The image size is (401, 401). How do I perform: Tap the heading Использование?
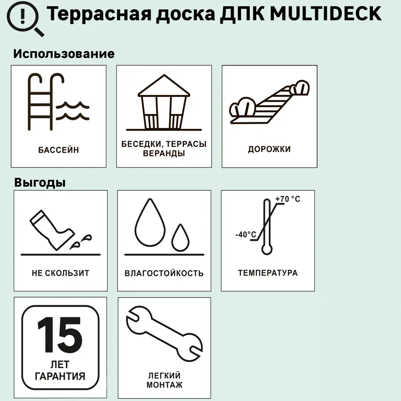click(64, 54)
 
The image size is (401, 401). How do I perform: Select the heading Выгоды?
click(40, 182)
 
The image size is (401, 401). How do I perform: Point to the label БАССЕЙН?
click(59, 150)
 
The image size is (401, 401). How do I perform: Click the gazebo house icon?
click(164, 103)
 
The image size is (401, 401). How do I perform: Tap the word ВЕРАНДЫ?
click(164, 154)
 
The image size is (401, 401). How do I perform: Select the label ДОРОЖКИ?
click(269, 150)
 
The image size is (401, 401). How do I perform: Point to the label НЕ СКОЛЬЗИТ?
click(60, 273)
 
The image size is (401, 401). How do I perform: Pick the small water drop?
click(180, 237)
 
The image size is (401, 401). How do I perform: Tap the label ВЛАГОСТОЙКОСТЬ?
click(164, 274)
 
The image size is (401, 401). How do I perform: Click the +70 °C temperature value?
click(288, 199)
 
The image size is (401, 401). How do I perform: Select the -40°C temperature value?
click(245, 235)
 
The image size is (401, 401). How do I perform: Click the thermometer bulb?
click(267, 249)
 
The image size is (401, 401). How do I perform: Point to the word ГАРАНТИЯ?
click(60, 376)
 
